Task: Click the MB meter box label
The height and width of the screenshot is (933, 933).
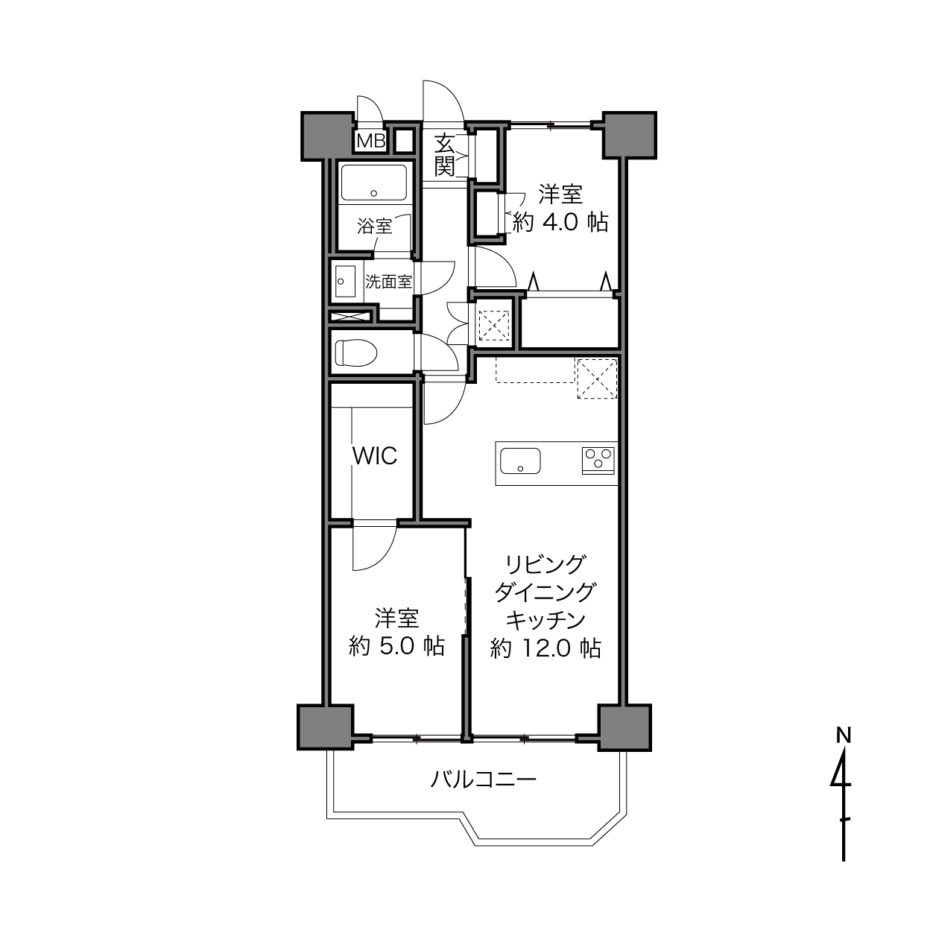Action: (371, 141)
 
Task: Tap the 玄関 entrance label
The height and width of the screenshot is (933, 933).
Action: (444, 155)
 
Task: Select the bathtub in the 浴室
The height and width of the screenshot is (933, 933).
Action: (374, 183)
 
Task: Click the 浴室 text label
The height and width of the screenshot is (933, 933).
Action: (374, 226)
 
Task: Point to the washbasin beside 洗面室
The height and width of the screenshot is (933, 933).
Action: (345, 281)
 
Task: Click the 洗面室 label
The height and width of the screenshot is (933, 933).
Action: (388, 282)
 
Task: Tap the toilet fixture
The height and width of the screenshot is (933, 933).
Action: (356, 352)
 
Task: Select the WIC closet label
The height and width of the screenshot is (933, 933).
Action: (375, 455)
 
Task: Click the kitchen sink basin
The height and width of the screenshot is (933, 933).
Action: (520, 461)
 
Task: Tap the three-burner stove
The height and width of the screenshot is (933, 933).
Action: (598, 461)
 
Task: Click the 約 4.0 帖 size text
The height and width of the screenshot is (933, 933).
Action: (560, 222)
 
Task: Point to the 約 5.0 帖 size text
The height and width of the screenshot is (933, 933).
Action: (396, 646)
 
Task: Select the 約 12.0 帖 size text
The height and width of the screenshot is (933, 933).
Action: (545, 648)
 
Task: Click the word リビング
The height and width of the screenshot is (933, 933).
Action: (545, 565)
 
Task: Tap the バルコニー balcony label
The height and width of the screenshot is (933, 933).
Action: (484, 779)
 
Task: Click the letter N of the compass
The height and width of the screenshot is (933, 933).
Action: (844, 736)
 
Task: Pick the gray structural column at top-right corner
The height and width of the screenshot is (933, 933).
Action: (629, 135)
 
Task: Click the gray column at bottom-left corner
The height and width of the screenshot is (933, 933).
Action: (325, 728)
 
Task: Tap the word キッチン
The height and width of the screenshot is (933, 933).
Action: (545, 620)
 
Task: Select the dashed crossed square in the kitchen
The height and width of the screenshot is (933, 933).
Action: (597, 379)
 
